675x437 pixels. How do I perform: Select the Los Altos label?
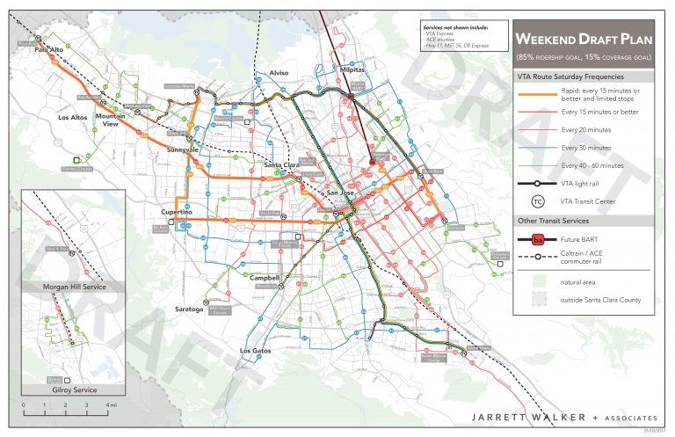[74, 117]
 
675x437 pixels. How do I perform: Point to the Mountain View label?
[111, 120]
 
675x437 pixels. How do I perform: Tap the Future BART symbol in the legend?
[537, 239]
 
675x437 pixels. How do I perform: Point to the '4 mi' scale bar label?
[111, 404]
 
